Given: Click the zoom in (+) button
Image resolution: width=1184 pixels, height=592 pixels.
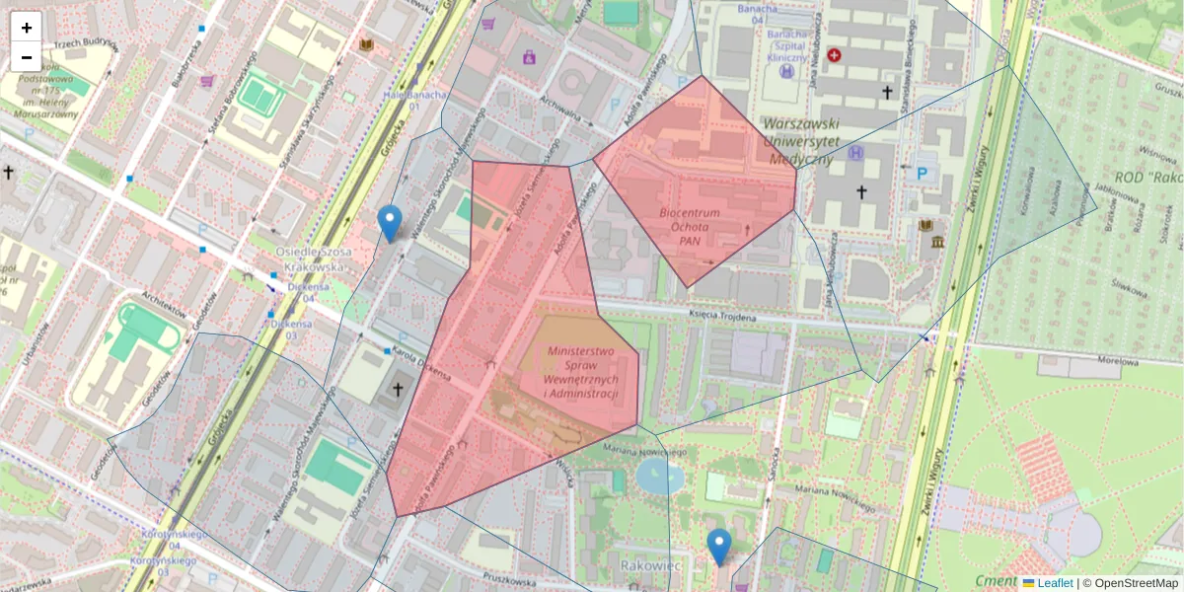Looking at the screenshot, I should coord(27,28).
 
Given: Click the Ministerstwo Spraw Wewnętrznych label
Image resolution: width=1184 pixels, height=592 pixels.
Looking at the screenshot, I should coord(581,373).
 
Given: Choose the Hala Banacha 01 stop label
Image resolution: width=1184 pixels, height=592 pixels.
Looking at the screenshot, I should coord(415,102).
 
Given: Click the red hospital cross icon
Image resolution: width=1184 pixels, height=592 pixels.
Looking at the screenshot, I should coord(835,56).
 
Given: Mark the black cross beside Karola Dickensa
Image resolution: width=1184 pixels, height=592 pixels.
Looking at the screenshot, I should coord(398,389).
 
